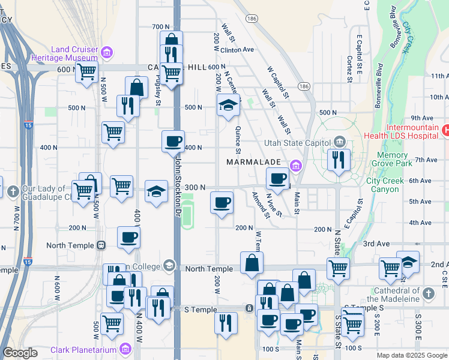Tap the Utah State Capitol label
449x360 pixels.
pyautogui.click(x=297, y=143)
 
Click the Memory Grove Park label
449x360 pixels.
pyautogui.click(x=393, y=159)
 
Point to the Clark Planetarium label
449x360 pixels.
pyautogui.click(x=85, y=349)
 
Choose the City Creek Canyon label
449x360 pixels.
pyautogui.click(x=383, y=185)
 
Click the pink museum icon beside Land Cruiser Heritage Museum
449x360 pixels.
pyautogui.click(x=107, y=52)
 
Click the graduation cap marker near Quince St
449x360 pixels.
pyautogui.click(x=228, y=106)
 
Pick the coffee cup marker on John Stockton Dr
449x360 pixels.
pyautogui.click(x=173, y=142)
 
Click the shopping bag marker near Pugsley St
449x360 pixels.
pyautogui.click(x=136, y=87)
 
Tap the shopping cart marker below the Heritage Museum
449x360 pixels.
pyautogui.click(x=86, y=72)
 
